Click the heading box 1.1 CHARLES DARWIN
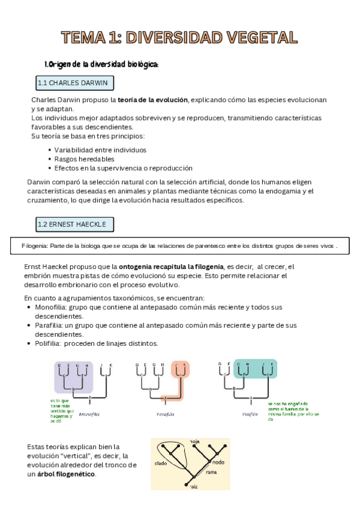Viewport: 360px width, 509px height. (x=75, y=83)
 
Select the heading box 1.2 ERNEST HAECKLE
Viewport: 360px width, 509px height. (x=74, y=224)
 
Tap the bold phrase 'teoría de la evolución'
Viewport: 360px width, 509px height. (x=153, y=100)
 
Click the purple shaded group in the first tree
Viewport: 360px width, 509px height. (x=74, y=376)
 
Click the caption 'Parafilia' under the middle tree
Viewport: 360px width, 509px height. (x=165, y=414)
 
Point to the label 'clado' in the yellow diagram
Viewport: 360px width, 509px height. (x=160, y=463)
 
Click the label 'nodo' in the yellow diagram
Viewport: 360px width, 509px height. (x=218, y=462)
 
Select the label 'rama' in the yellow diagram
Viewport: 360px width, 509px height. (x=211, y=472)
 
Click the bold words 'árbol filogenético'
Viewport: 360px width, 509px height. (x=65, y=474)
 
